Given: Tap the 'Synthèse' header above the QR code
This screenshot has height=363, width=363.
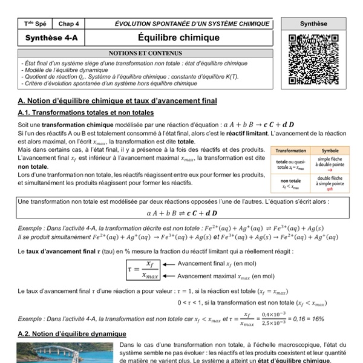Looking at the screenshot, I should point(313,24).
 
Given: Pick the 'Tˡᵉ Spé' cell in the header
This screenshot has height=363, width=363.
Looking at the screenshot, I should point(35,24).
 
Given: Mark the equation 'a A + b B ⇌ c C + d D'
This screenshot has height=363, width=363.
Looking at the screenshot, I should point(181,213).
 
